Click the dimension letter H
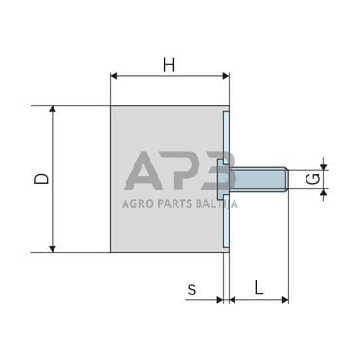[168, 65]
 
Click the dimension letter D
[39, 178]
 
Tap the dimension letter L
[258, 287]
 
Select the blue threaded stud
[258, 179]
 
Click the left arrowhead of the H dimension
[115, 75]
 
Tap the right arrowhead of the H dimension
[224, 75]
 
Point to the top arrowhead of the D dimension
[54, 110]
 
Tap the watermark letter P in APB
[181, 173]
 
